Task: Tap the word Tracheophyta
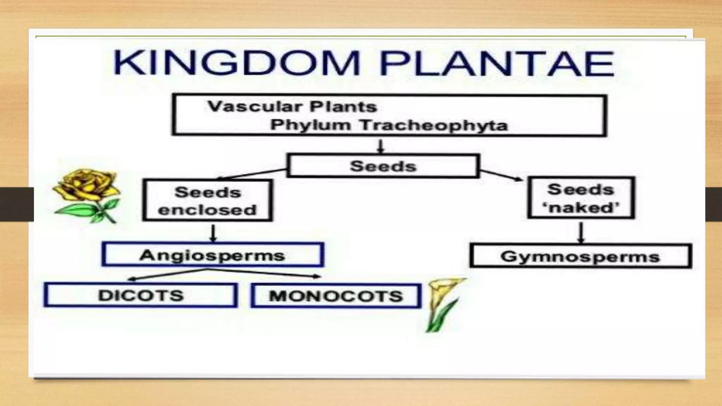coord(434,125)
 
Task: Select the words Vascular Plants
coord(292,106)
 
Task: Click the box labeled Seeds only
coord(383,166)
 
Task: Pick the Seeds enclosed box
coord(207,201)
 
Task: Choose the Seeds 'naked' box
coord(581,198)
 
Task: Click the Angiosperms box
coord(212,255)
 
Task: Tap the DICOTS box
coord(140,295)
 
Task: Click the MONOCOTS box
coord(336,296)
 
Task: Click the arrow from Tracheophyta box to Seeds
coord(380,146)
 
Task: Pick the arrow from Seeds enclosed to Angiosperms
coord(213,233)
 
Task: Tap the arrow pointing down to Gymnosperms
coord(581,232)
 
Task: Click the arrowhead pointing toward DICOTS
coord(131,279)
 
